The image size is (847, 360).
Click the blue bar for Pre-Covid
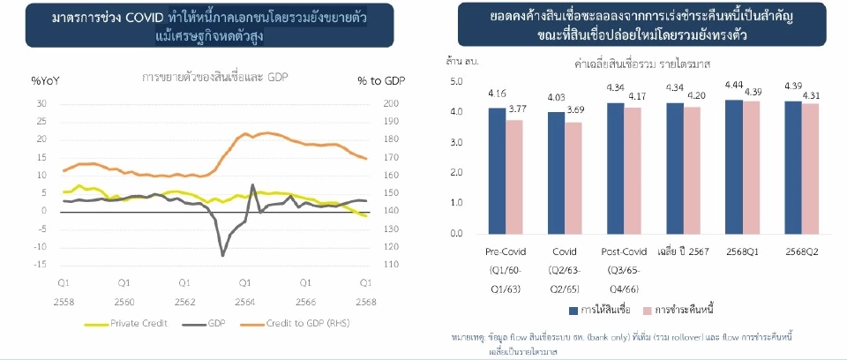pos(497,170)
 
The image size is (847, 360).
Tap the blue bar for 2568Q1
pos(733,166)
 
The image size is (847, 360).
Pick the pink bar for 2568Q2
pos(809,169)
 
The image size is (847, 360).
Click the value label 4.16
pos(497,93)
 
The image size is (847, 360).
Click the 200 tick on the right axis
pos(392,103)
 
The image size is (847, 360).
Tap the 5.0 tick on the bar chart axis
pos(456,81)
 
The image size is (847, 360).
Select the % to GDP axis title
pos(379,81)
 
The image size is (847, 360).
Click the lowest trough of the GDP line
pos(222,255)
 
